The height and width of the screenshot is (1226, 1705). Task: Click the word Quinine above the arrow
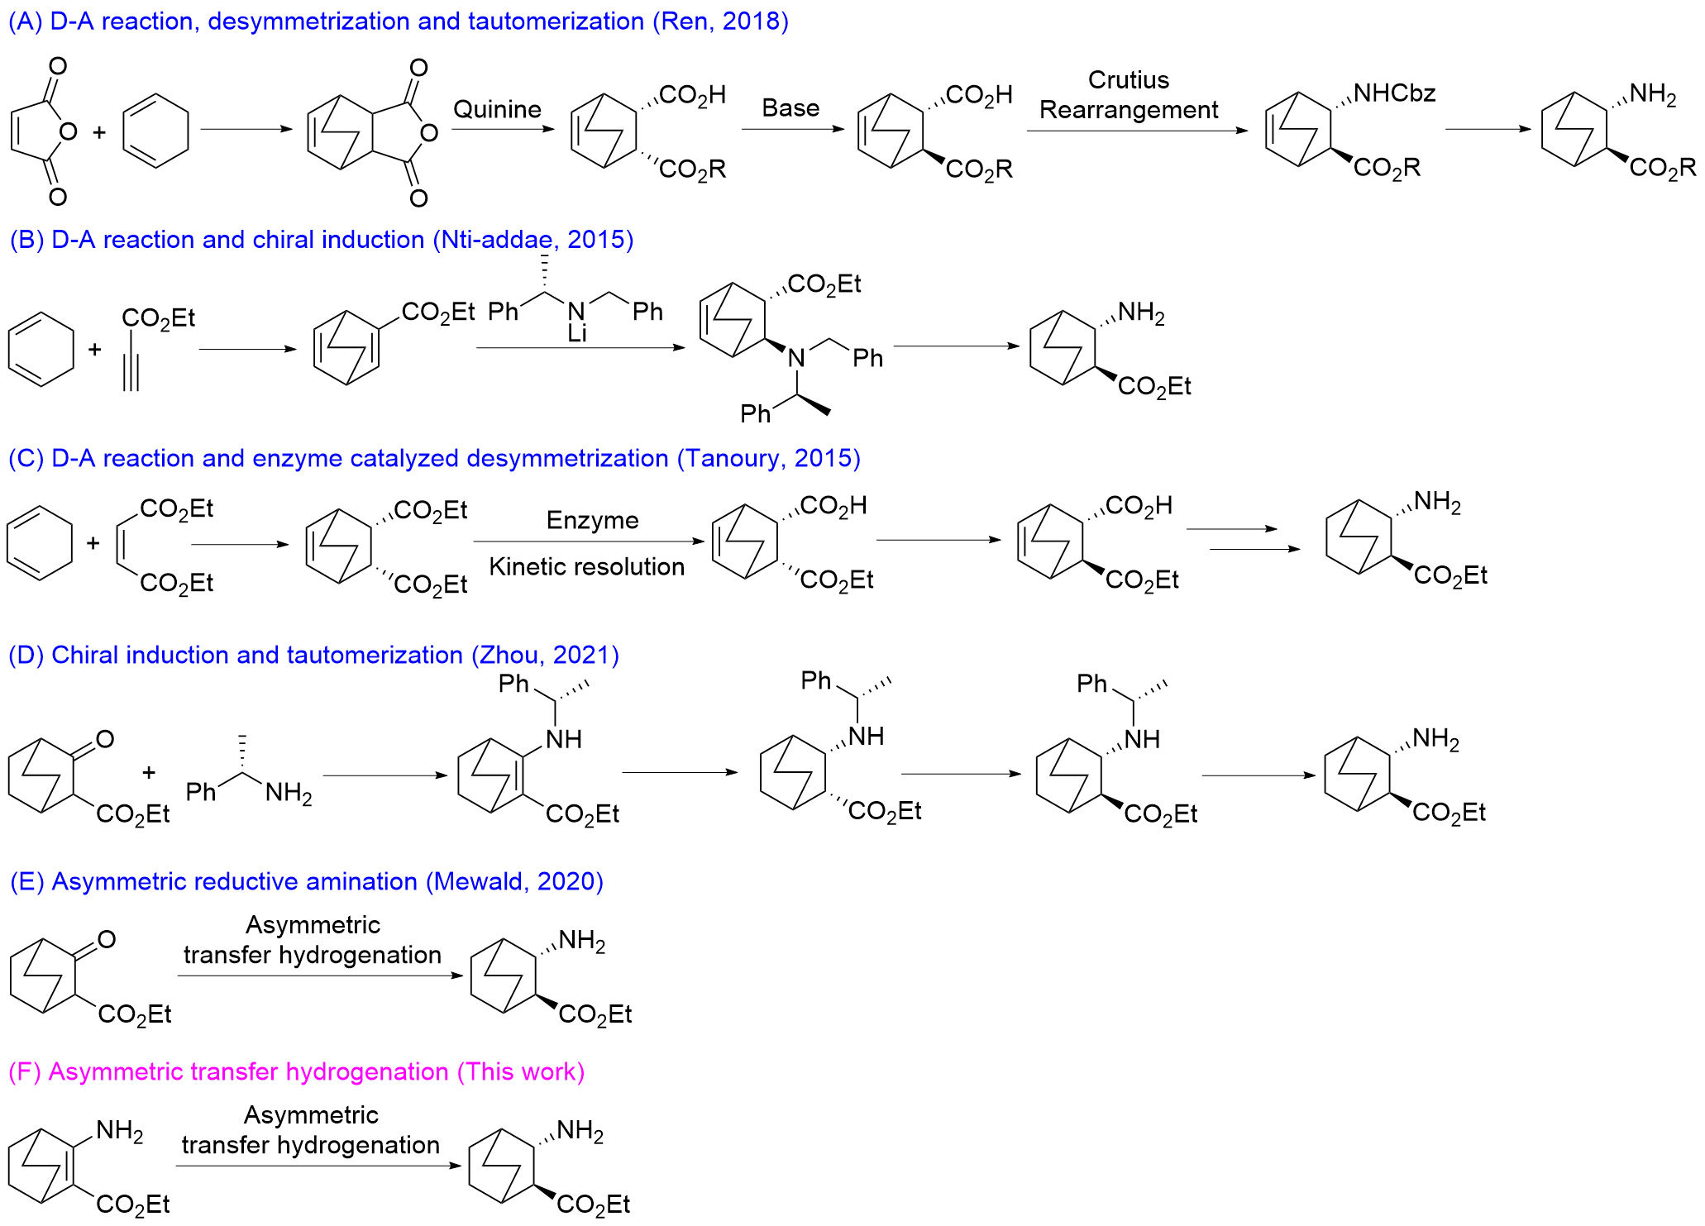point(497,109)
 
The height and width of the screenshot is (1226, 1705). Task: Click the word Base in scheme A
point(790,108)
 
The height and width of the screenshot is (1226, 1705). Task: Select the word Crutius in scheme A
point(1128,80)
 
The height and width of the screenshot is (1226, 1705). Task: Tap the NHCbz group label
point(1394,93)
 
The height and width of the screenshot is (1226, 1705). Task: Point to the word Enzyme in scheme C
point(592,520)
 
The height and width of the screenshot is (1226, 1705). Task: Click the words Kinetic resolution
point(586,566)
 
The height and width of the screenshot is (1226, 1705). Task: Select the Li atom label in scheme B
point(577,334)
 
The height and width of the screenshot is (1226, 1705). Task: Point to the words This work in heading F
point(521,1071)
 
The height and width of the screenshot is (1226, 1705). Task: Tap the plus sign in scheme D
point(149,772)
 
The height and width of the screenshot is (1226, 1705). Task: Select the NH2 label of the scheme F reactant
point(120,1131)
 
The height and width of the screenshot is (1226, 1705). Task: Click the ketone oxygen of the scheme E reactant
point(107,939)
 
